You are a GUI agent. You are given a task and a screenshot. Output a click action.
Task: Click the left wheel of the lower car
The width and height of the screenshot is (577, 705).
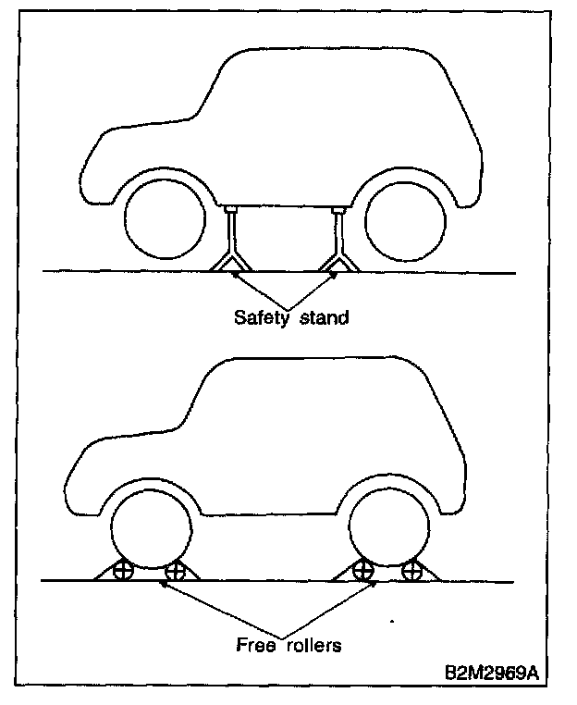(151, 531)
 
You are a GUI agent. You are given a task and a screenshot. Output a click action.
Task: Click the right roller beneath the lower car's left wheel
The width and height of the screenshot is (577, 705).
(174, 573)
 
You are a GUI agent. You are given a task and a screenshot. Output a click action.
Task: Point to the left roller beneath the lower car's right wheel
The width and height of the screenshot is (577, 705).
(363, 573)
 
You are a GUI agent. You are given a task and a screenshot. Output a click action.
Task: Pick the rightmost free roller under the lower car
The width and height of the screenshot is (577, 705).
(412, 573)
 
